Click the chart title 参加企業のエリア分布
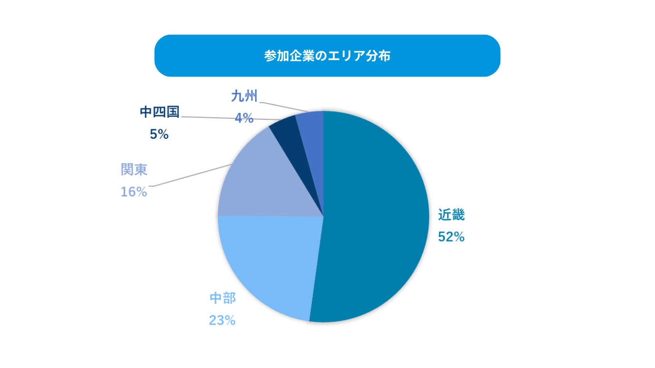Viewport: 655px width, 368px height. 327,56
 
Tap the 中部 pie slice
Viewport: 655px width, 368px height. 267,266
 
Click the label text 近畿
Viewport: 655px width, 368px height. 451,215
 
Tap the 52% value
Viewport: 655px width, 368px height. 451,237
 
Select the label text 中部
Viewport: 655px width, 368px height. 223,299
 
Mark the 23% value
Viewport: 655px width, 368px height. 222,320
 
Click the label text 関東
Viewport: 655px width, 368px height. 134,170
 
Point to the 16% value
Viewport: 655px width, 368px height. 134,192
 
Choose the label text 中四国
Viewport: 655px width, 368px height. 159,112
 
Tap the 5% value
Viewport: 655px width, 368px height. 159,135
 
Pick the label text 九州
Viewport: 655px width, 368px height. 244,97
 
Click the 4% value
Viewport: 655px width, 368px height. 244,118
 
